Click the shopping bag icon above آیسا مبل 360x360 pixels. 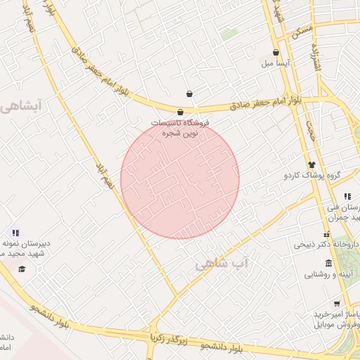coord(275,53)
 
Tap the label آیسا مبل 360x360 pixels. coord(276,63)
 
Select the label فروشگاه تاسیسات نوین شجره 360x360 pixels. coord(181,127)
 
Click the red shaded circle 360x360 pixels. coord(180,179)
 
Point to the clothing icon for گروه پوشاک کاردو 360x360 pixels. coord(311,164)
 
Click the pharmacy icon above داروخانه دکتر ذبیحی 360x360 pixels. coord(326,235)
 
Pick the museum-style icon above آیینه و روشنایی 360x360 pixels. coord(329,263)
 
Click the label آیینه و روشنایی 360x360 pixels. coord(328,274)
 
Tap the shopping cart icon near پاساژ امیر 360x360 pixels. coord(337,304)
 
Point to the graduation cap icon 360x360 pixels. coord(22,269)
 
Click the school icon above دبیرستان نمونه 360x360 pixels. coord(15,233)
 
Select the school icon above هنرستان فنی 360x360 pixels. coord(347,196)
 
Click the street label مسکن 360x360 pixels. coord(303,30)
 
